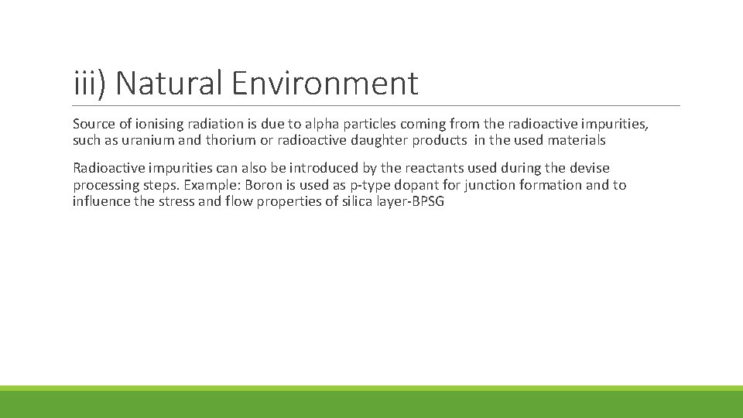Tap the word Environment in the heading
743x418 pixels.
coord(324,84)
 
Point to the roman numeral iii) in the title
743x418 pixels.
coord(91,84)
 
